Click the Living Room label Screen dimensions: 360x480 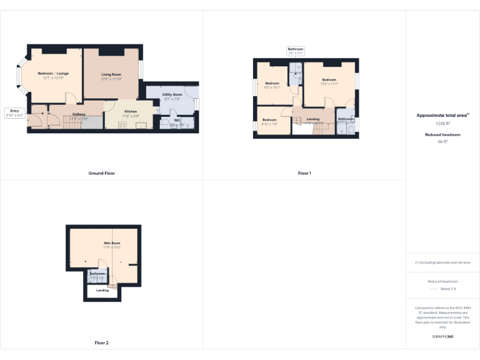(x=112, y=74)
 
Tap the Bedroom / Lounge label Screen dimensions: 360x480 (x=53, y=74)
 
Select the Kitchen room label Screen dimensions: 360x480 (x=131, y=111)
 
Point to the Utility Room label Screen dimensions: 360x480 (x=172, y=94)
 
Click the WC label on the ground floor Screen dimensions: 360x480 (x=177, y=119)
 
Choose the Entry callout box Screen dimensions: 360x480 (x=14, y=113)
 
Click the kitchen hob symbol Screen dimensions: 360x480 (x=122, y=124)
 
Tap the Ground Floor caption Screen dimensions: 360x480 (x=101, y=173)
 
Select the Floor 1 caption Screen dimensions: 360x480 (x=304, y=173)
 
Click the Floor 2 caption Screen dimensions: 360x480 (x=101, y=342)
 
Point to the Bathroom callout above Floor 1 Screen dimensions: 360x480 (x=296, y=51)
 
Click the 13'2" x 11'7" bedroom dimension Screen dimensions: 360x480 (x=329, y=84)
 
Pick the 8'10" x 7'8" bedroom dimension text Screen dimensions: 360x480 (x=269, y=124)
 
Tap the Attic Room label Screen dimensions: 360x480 (x=112, y=242)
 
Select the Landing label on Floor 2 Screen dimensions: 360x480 (x=102, y=290)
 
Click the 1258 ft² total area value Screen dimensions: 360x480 (x=442, y=124)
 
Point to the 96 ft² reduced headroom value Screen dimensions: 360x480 (x=442, y=142)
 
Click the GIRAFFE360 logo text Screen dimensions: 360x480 (x=442, y=337)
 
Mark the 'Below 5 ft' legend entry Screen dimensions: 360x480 (x=448, y=289)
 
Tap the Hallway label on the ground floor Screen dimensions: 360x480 (x=79, y=114)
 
